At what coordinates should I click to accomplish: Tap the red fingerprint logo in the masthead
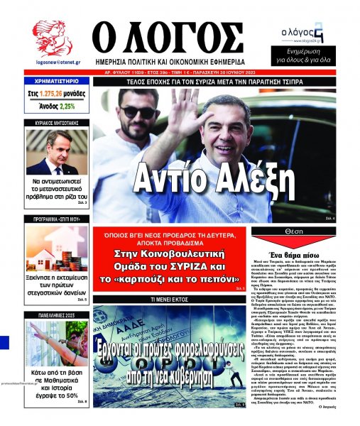(52, 39)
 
